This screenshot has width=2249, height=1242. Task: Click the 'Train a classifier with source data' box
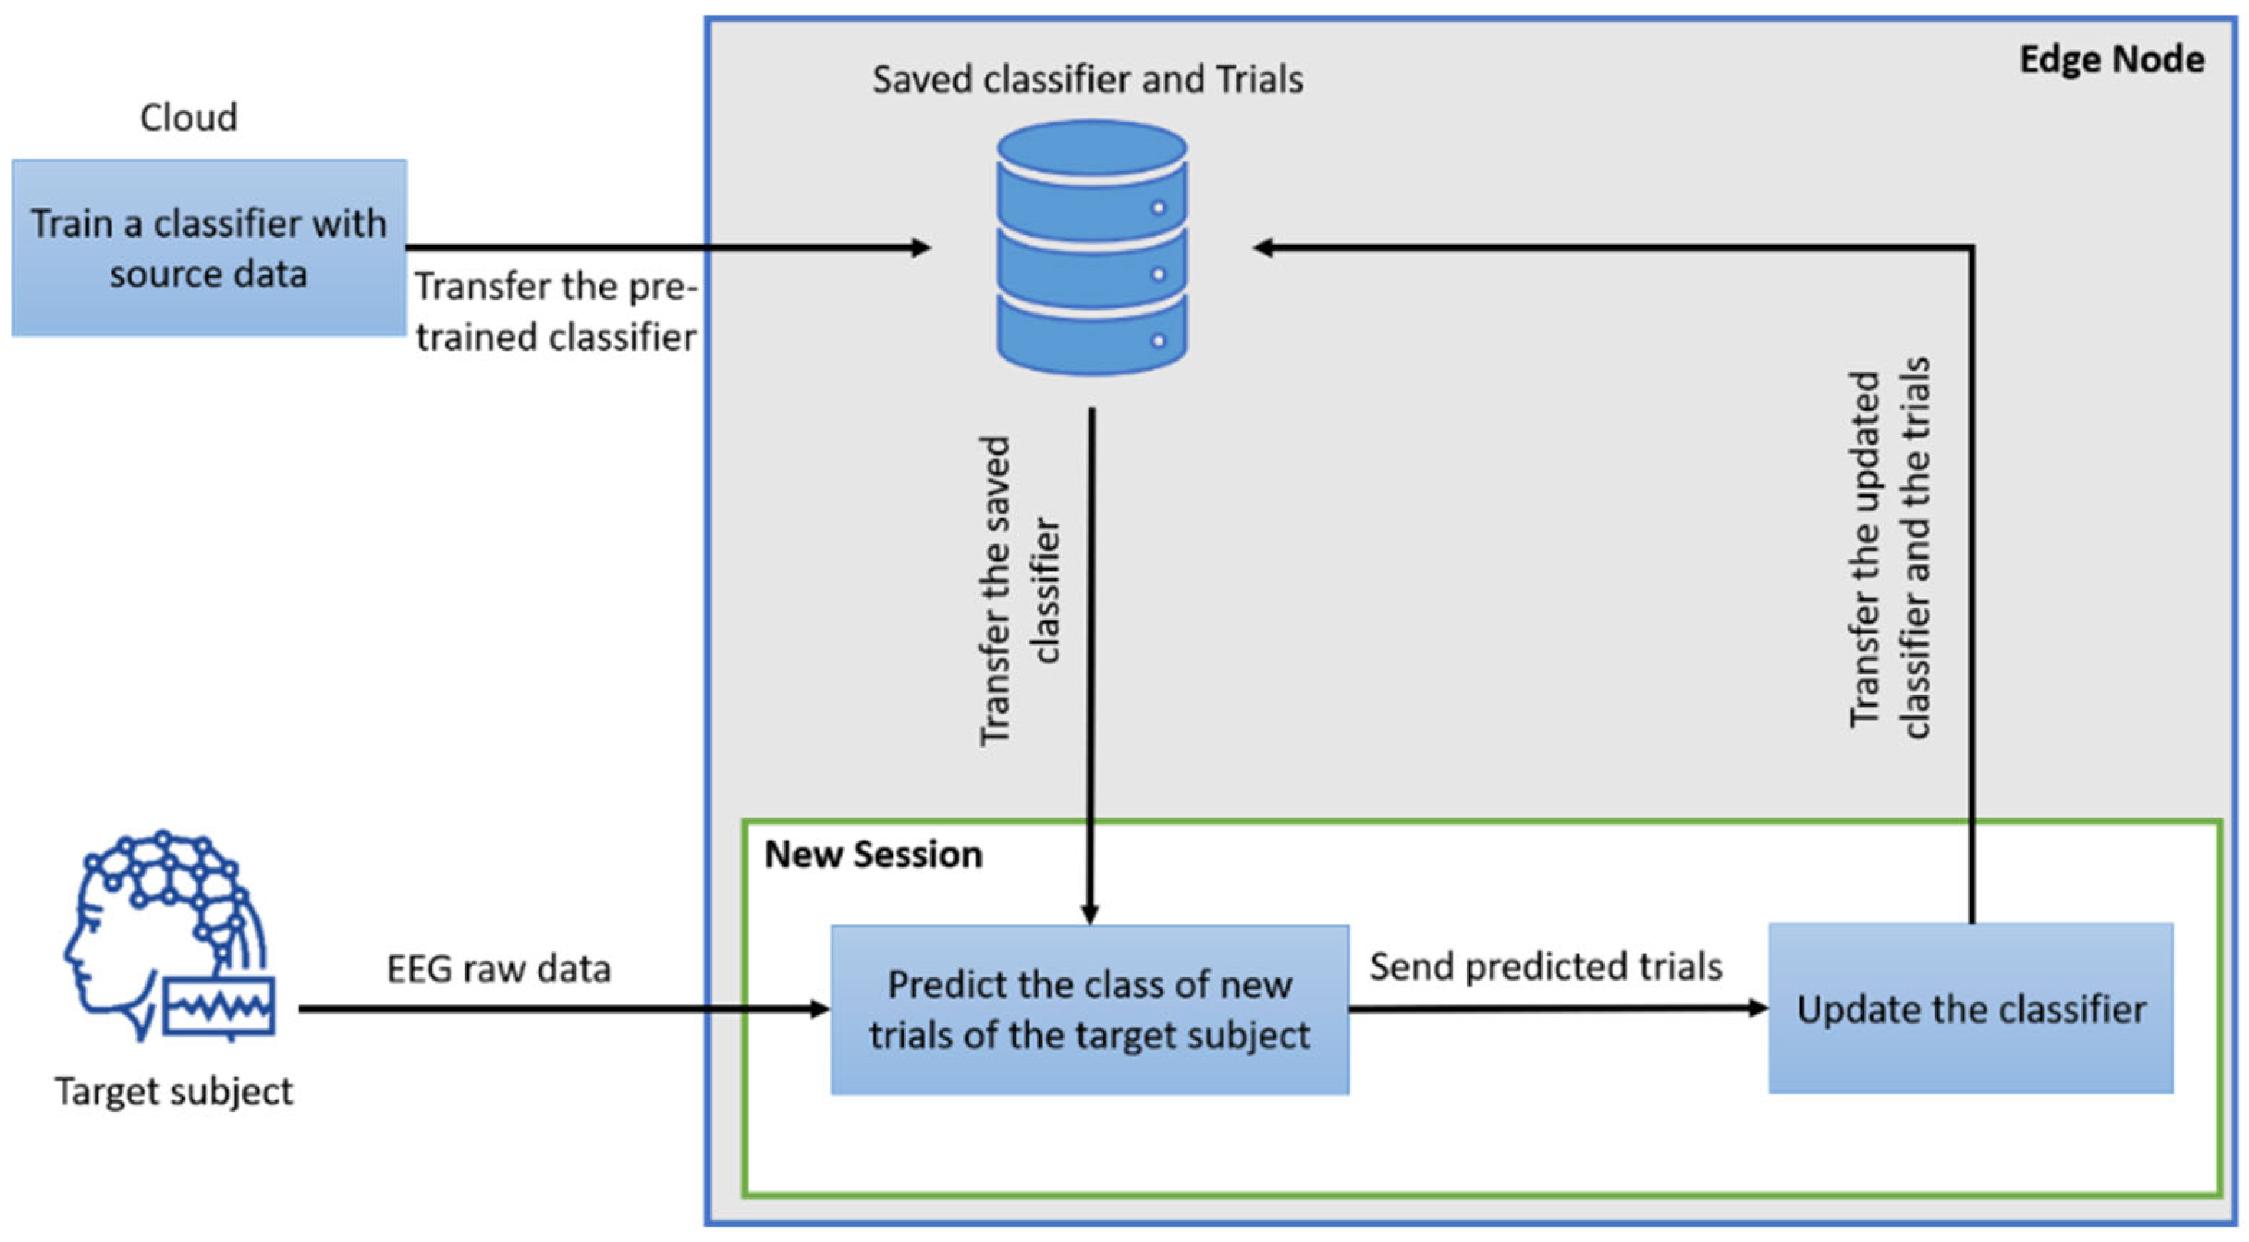click(209, 248)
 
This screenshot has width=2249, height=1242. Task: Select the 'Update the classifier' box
click(1970, 1008)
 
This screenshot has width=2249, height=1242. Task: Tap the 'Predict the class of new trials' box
click(1089, 1010)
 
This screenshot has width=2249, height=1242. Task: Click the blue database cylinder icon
click(1093, 248)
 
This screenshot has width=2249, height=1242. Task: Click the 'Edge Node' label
click(2112, 59)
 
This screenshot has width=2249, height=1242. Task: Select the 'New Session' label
click(873, 854)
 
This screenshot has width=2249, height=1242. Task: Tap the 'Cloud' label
click(189, 117)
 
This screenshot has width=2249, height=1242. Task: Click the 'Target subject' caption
click(175, 1092)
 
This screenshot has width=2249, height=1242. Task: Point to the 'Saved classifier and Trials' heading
click(1088, 79)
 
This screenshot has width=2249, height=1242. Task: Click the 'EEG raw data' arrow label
click(499, 969)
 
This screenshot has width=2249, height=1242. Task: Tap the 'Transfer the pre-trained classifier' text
click(556, 311)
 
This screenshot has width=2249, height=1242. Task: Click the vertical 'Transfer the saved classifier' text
click(1019, 591)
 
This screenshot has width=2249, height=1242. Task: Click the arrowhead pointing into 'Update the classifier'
click(1757, 1008)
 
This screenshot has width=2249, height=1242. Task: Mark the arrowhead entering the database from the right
click(1264, 248)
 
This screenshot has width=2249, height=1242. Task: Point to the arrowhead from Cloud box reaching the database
click(921, 248)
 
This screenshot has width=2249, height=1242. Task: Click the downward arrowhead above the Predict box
click(1089, 913)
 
